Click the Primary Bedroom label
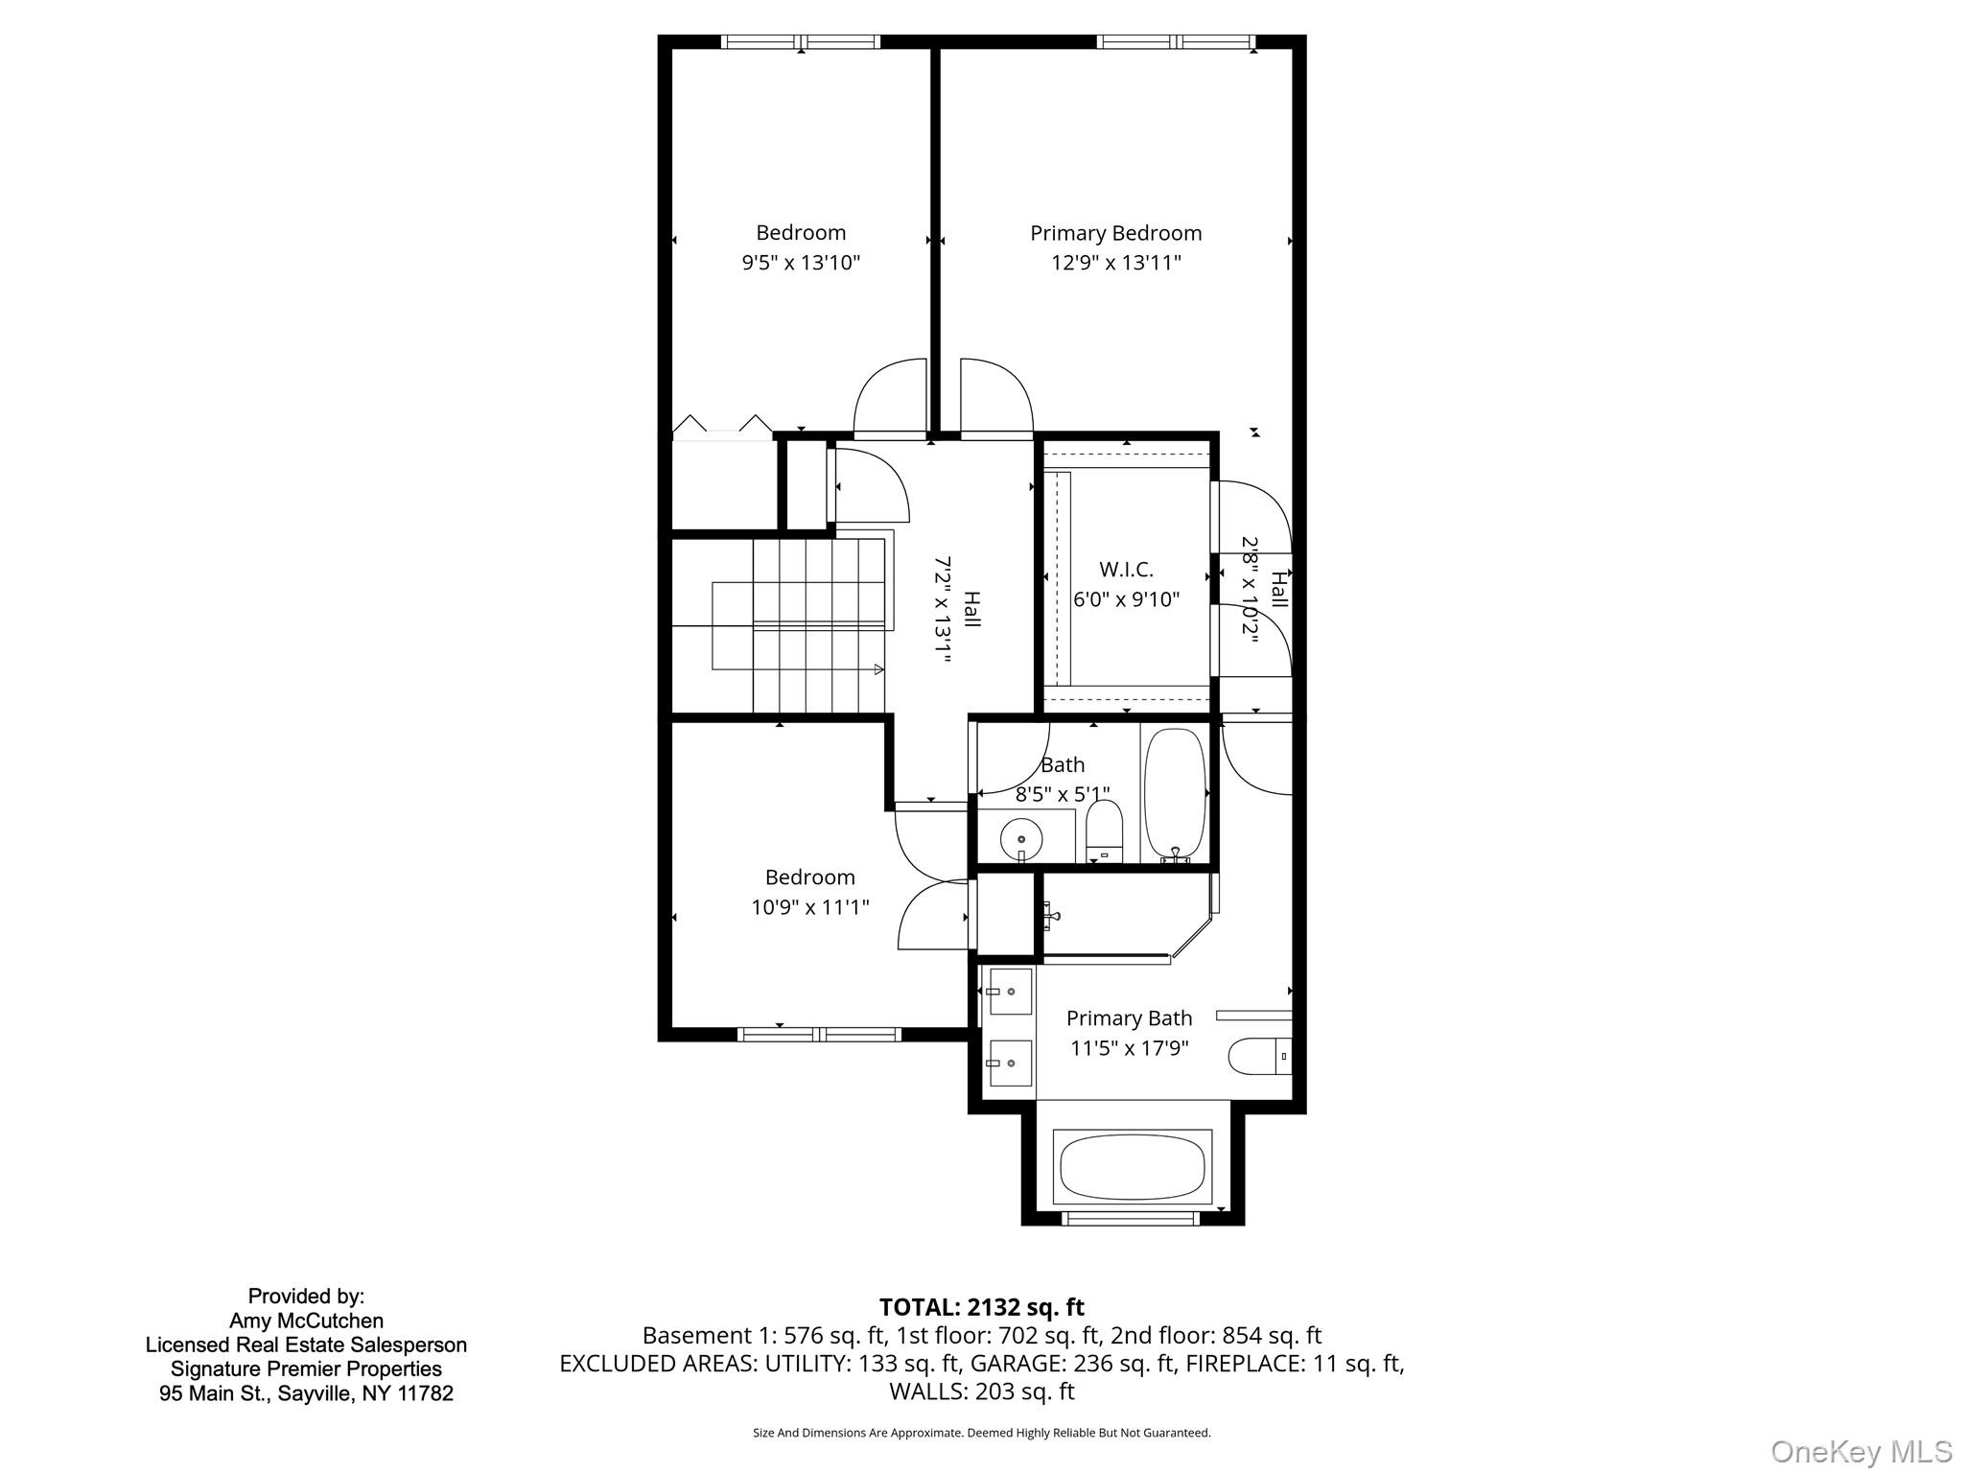(x=1115, y=233)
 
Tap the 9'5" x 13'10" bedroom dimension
(x=801, y=263)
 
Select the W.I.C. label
(x=1126, y=570)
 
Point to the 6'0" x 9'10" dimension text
(x=1126, y=599)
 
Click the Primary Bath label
(x=1129, y=1018)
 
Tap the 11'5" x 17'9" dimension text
(x=1129, y=1048)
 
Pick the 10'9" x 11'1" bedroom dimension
(x=809, y=906)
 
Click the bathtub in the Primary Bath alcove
(x=1133, y=1167)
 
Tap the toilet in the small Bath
(x=1105, y=830)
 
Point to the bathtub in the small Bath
(x=1175, y=792)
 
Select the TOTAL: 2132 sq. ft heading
(x=981, y=1307)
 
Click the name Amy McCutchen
(x=306, y=1321)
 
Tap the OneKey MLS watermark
(x=1860, y=1451)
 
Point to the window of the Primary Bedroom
(x=1176, y=41)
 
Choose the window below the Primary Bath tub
(x=1132, y=1218)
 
